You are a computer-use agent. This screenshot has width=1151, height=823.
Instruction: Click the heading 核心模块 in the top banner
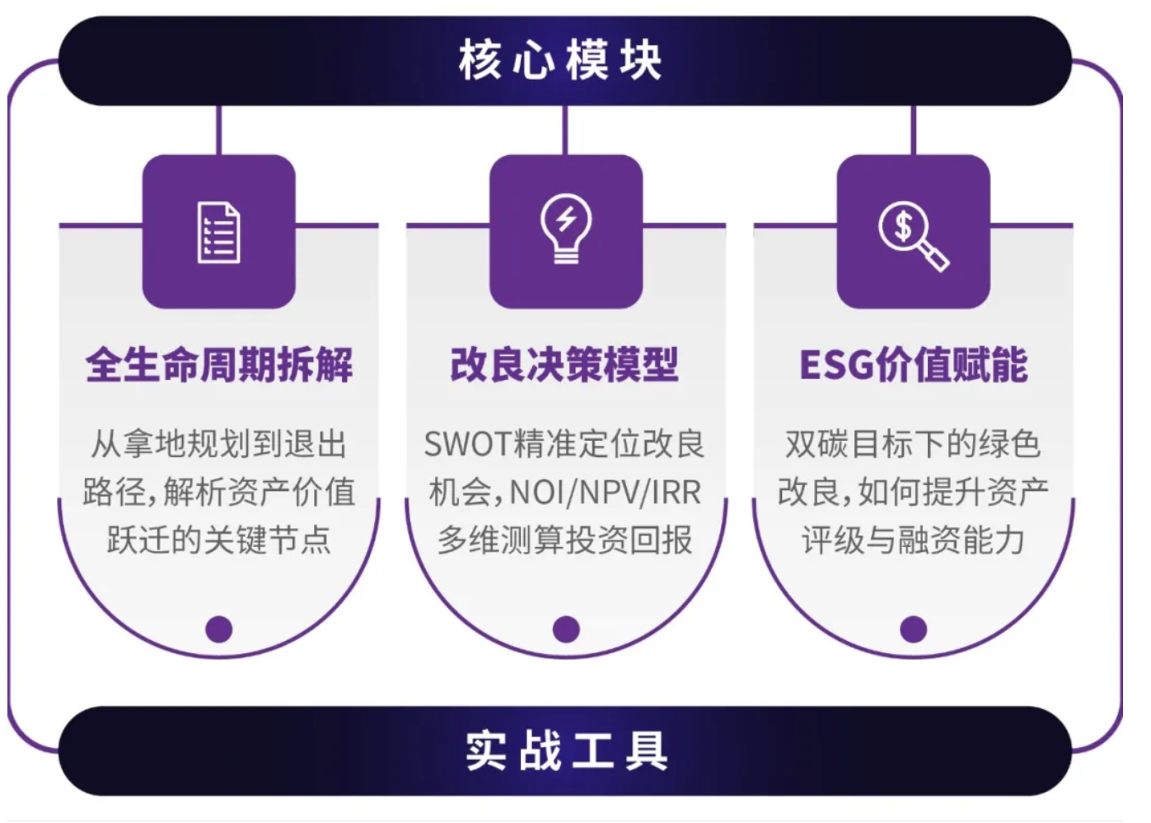(x=560, y=60)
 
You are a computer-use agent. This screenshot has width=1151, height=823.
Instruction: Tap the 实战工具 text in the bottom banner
(x=566, y=751)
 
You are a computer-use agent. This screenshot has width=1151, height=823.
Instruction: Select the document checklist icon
(x=219, y=232)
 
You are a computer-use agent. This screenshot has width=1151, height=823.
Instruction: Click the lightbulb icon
(x=566, y=228)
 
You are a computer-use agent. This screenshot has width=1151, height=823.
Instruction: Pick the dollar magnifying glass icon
(x=913, y=236)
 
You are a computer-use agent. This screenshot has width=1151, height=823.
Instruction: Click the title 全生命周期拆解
(x=219, y=364)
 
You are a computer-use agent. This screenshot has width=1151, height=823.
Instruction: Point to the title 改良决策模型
(x=565, y=364)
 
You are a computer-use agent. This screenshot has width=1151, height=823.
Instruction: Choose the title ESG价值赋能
(x=913, y=364)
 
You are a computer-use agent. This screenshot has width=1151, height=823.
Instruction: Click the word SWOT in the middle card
(x=467, y=445)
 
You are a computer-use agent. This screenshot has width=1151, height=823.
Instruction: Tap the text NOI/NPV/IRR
(x=606, y=493)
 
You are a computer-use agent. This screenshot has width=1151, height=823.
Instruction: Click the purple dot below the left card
(x=219, y=629)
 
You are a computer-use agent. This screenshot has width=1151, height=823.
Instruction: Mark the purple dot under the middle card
(x=566, y=629)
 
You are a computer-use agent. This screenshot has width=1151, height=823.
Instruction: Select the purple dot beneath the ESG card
(x=913, y=629)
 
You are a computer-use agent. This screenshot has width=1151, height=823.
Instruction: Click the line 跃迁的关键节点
(x=219, y=540)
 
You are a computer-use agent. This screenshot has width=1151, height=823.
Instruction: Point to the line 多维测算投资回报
(x=565, y=540)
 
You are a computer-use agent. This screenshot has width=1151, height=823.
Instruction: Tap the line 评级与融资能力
(x=913, y=540)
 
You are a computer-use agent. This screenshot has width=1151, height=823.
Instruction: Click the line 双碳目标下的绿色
(x=913, y=445)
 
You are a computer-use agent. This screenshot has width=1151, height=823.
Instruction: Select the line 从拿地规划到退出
(x=219, y=445)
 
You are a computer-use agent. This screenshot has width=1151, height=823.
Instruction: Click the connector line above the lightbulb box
(x=565, y=130)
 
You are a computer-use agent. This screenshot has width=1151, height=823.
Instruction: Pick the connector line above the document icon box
(x=219, y=130)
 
